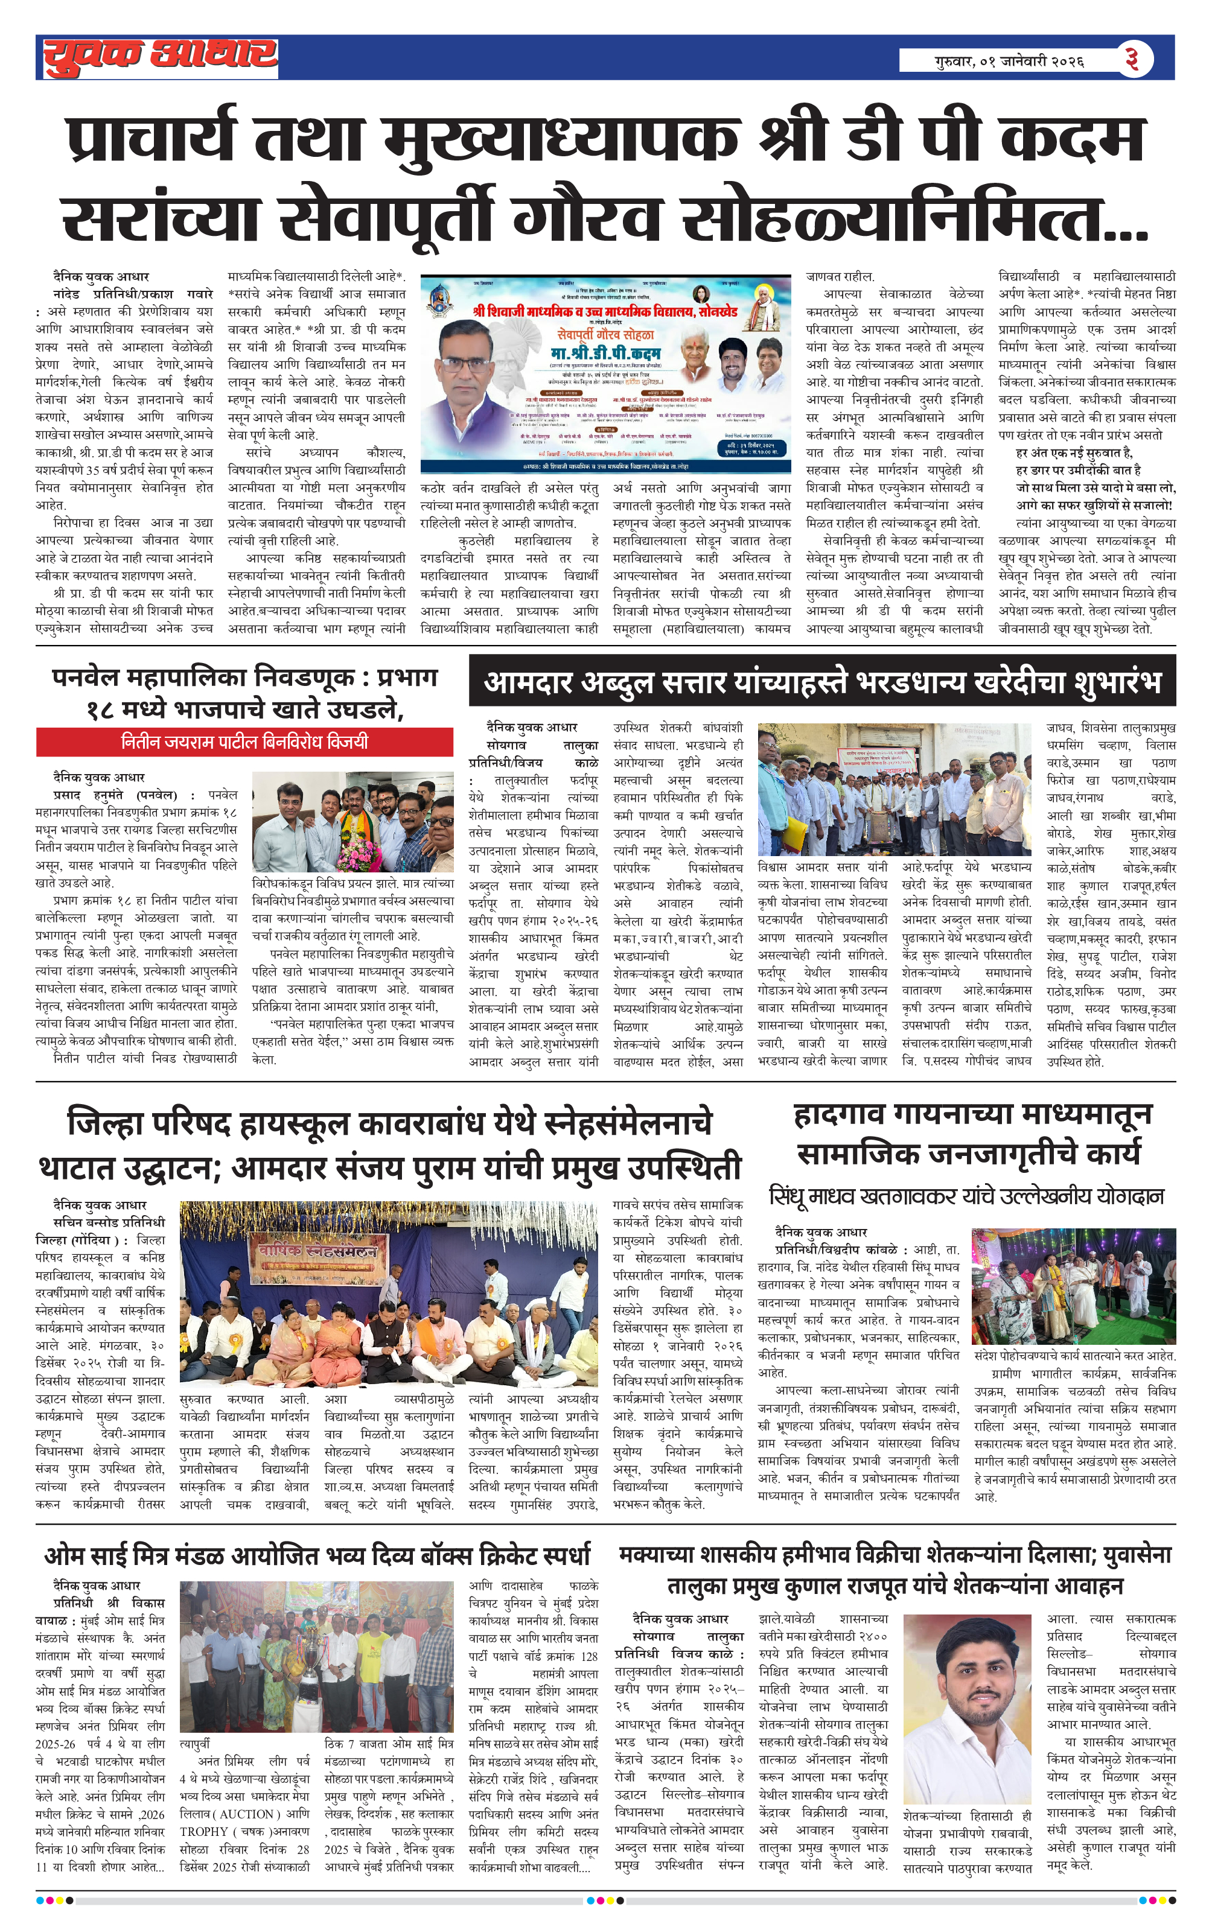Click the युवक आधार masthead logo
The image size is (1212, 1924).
click(160, 57)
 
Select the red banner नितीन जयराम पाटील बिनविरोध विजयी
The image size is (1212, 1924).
click(244, 741)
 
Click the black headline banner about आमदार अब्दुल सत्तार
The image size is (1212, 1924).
click(822, 682)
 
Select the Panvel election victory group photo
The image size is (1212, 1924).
click(352, 821)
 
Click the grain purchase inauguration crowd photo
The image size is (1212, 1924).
click(894, 789)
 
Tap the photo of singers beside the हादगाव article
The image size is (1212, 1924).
click(1073, 1286)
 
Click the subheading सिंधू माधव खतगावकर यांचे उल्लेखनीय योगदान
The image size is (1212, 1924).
click(966, 1196)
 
